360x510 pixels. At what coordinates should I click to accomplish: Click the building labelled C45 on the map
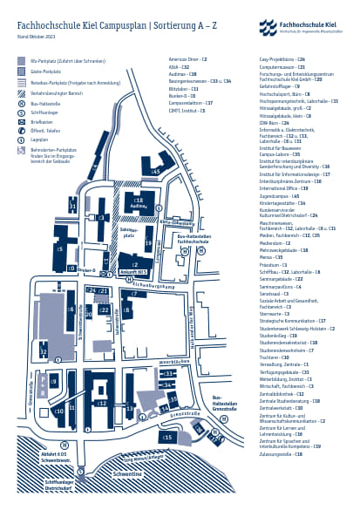coord(155,172)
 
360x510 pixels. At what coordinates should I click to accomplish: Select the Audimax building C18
coord(139,203)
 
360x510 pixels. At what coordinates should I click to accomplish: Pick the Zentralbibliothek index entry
coord(284,394)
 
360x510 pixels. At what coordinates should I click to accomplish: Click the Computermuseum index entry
coord(282,65)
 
